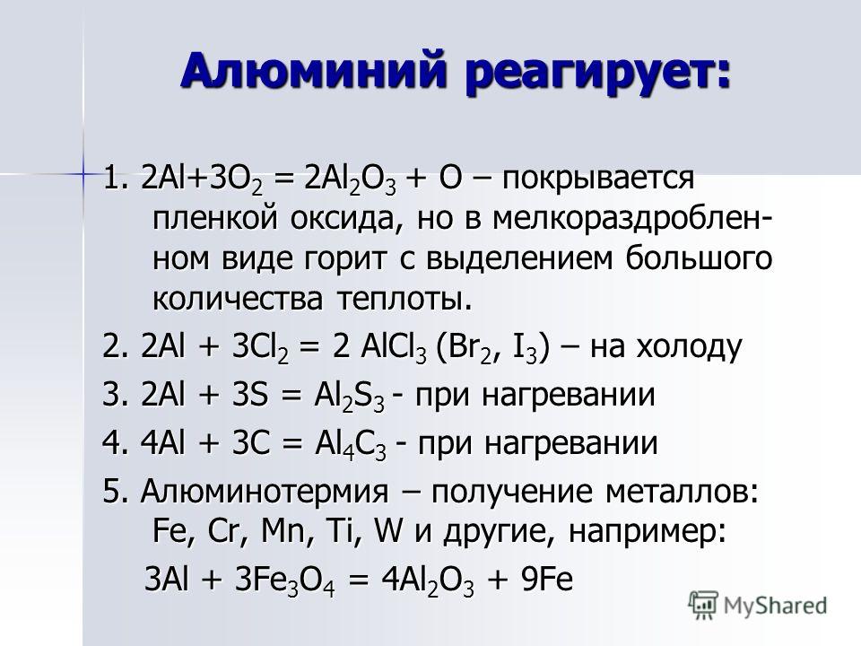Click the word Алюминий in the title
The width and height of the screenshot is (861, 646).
(x=312, y=70)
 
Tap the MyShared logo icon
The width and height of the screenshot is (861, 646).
(x=703, y=606)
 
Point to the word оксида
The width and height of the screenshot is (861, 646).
(x=343, y=219)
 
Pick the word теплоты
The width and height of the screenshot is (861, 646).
(x=404, y=300)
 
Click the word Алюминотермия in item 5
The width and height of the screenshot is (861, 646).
(x=264, y=492)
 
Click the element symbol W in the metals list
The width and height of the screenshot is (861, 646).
(x=388, y=531)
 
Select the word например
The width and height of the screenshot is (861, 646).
(x=647, y=533)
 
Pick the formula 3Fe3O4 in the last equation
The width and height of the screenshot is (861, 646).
(x=284, y=581)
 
